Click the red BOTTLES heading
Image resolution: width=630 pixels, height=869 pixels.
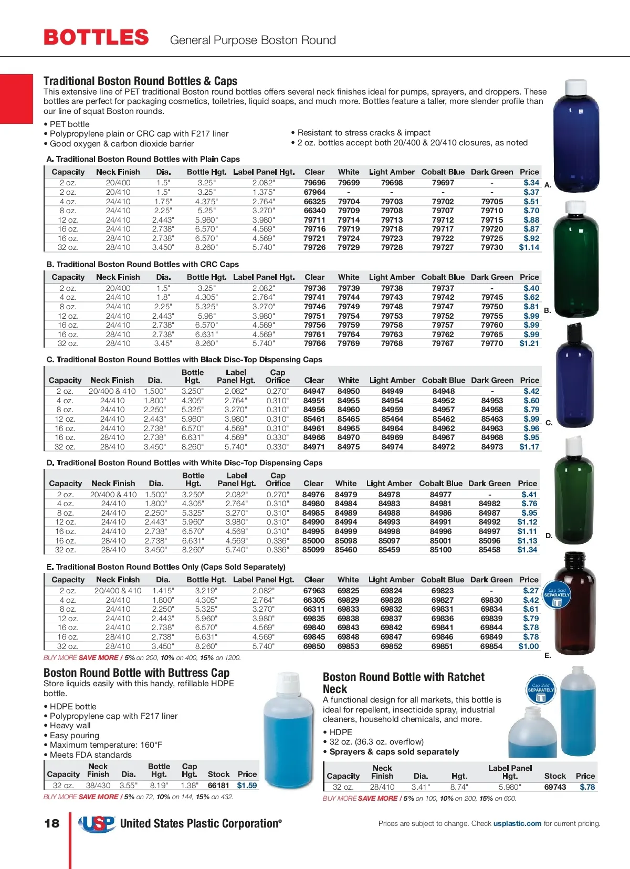(97, 38)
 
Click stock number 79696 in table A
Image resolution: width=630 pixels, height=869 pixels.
(314, 183)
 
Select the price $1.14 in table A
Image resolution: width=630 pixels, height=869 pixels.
(529, 247)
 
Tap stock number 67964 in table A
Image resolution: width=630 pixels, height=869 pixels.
(314, 192)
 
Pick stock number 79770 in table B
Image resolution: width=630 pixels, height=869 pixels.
(492, 343)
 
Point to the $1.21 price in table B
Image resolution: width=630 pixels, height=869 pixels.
(529, 343)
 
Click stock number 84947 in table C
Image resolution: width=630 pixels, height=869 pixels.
(314, 391)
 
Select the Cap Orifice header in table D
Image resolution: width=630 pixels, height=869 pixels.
(278, 479)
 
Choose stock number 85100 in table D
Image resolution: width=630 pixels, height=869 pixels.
(440, 550)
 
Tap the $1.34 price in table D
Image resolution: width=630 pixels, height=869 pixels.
(527, 550)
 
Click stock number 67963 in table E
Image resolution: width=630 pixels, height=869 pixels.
(314, 591)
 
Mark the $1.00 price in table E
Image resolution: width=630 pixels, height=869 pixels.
(529, 646)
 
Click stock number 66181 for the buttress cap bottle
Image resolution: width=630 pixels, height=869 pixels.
(218, 786)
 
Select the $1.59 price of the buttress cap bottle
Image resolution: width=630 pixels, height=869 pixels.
(247, 786)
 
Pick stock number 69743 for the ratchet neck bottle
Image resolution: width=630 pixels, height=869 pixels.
(555, 787)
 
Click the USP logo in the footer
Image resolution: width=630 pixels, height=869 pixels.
(97, 824)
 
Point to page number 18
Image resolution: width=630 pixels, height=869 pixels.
(52, 823)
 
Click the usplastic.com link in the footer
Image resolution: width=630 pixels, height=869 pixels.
(517, 823)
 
